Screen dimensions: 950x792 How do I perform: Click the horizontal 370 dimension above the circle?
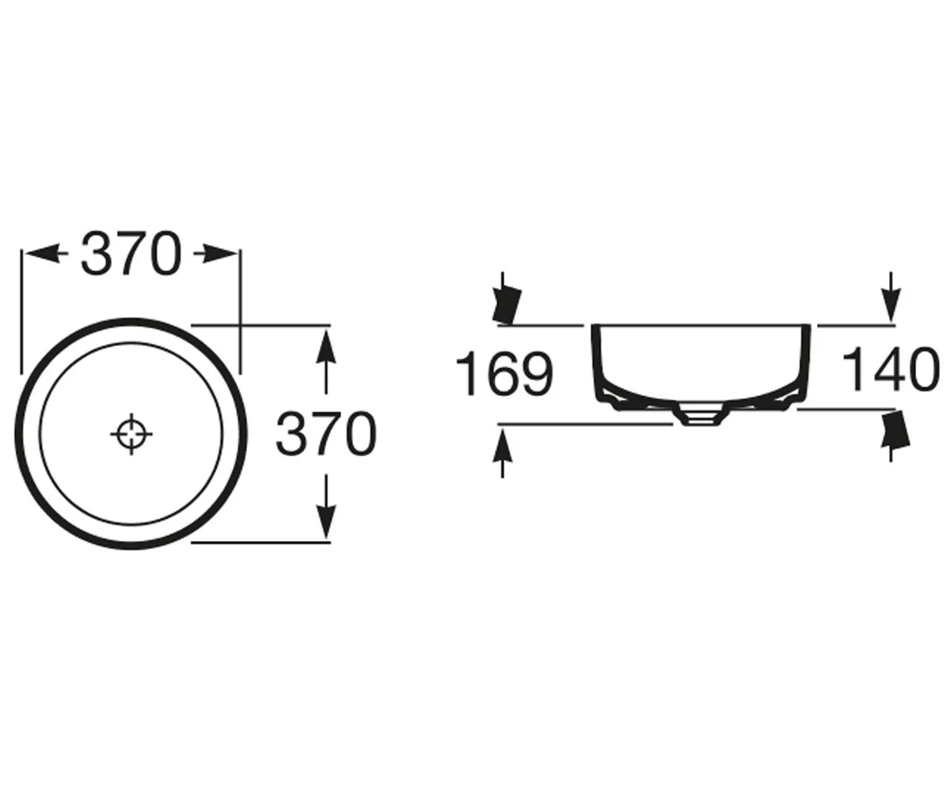tap(131, 254)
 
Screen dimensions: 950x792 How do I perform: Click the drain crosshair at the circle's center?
tap(131, 434)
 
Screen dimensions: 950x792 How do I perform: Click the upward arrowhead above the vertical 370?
tap(326, 348)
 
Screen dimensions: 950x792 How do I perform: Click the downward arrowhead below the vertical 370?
tap(326, 520)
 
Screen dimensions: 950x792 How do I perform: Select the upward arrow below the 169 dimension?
tap(503, 453)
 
